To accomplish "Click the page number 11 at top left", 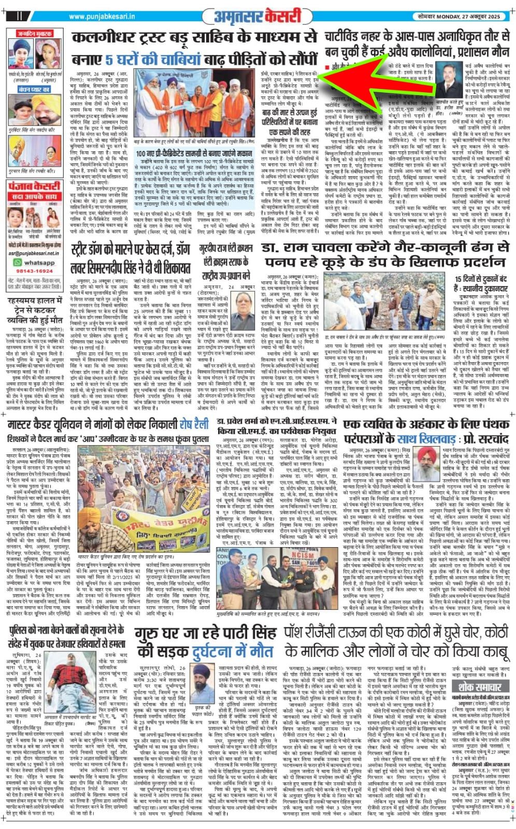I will (20, 16).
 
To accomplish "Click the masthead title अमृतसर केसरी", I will (257, 17).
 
